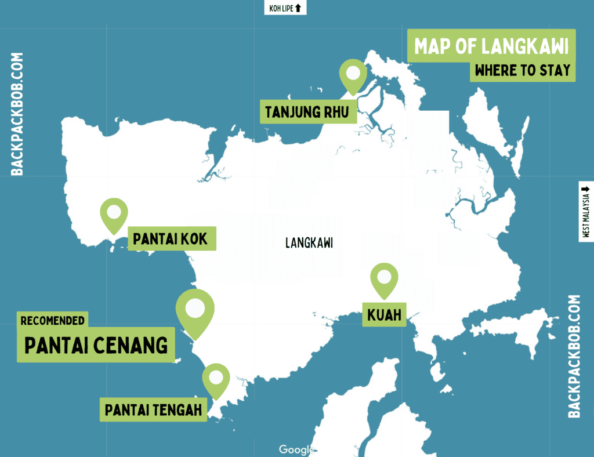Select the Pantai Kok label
[x=170, y=238]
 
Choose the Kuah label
[x=383, y=315]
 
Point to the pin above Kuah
[x=384, y=279]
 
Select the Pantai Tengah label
[x=154, y=410]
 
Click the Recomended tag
[x=53, y=320]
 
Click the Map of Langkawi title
[x=491, y=46]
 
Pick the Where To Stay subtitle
[x=522, y=71]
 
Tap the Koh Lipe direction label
[x=281, y=8]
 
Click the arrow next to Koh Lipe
[x=298, y=8]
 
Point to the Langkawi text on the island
[x=309, y=243]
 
